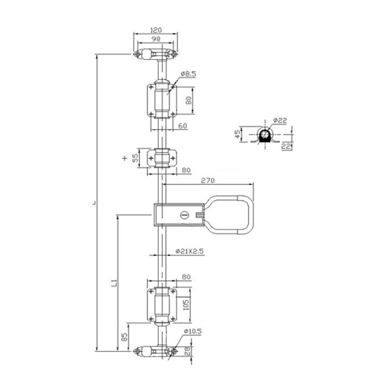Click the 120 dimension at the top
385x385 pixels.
coord(156,30)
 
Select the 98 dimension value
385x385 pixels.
coord(156,39)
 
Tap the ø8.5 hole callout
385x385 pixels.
coord(188,73)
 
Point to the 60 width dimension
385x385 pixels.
coord(182,126)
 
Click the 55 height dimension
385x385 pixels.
coord(136,158)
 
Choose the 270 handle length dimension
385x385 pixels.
coord(208,181)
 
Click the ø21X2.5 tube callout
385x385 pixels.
coord(189,252)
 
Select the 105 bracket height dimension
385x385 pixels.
coord(186,305)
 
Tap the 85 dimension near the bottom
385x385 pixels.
coord(125,337)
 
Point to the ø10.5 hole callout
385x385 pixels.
coord(192,332)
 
